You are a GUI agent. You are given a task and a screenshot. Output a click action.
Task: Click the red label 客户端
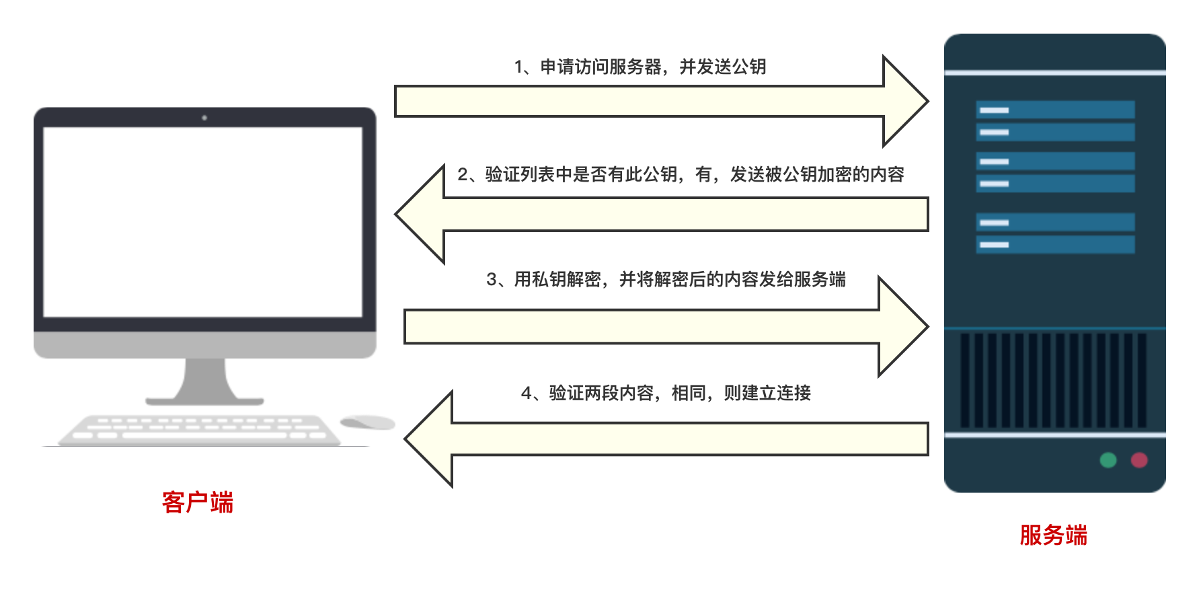[x=197, y=503]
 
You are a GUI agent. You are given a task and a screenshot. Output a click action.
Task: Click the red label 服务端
[x=1053, y=535]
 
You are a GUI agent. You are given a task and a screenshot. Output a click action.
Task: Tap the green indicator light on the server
[x=1108, y=460]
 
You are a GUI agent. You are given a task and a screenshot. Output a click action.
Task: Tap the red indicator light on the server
[x=1138, y=460]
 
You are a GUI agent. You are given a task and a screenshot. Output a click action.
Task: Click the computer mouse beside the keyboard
[x=367, y=422]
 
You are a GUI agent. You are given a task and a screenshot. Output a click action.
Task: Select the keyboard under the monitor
[x=199, y=429]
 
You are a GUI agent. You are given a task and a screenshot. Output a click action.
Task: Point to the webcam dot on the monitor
[x=204, y=118]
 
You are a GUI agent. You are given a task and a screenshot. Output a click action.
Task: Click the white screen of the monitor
[x=202, y=222]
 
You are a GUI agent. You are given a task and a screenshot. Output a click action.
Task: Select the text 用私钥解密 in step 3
[x=557, y=279]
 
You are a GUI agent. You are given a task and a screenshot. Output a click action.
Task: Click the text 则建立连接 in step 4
[x=767, y=393]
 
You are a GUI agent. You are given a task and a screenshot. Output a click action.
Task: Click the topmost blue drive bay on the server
[x=1055, y=110]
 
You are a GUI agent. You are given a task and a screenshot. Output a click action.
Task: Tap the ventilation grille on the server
[x=1053, y=380]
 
